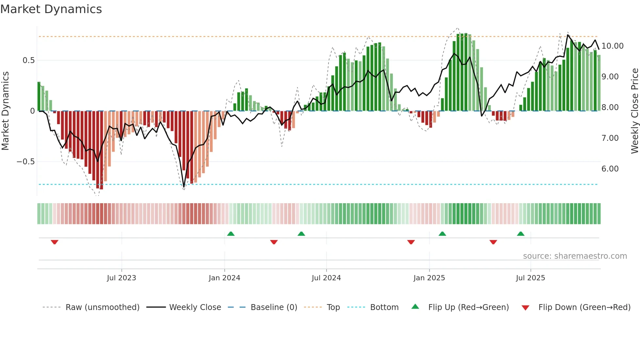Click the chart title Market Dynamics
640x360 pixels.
51,9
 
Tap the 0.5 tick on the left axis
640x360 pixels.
28,60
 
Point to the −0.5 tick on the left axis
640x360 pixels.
25,162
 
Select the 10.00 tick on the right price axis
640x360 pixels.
612,46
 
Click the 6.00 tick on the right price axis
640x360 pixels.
610,169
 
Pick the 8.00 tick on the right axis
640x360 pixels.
610,107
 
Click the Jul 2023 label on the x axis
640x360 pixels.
121,278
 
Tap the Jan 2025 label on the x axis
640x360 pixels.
429,278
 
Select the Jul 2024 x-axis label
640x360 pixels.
326,278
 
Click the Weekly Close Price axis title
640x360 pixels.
634,111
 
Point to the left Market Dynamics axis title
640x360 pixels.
5,111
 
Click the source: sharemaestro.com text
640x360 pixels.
575,256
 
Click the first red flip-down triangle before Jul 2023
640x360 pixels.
55,242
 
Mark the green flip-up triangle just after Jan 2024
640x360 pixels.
231,234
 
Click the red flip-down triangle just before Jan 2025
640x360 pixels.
411,242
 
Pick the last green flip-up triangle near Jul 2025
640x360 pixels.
521,234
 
